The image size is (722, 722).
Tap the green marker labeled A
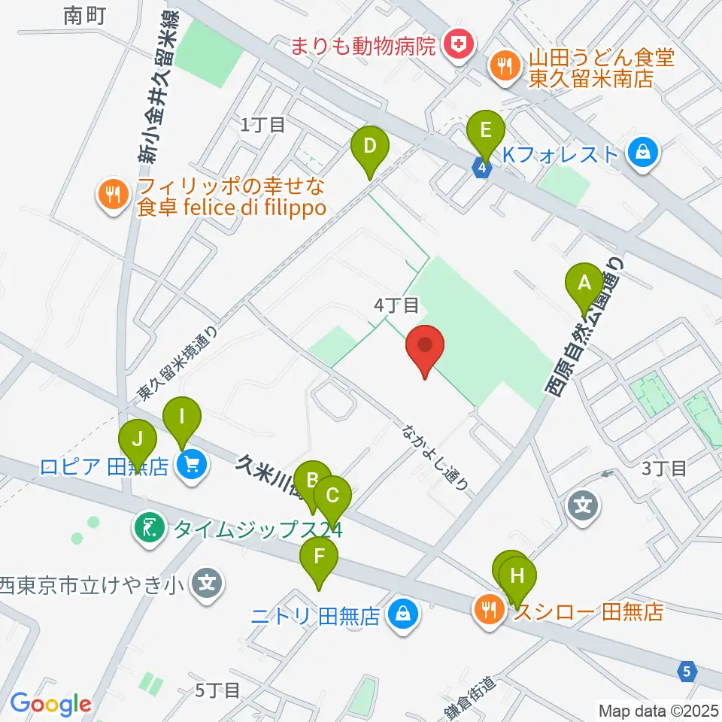[x=584, y=286]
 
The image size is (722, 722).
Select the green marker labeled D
[x=369, y=148]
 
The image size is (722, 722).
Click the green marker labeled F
[x=319, y=560]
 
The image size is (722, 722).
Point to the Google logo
[x=50, y=703]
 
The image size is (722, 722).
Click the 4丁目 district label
[x=396, y=305]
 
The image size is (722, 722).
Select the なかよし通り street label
[x=435, y=458]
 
